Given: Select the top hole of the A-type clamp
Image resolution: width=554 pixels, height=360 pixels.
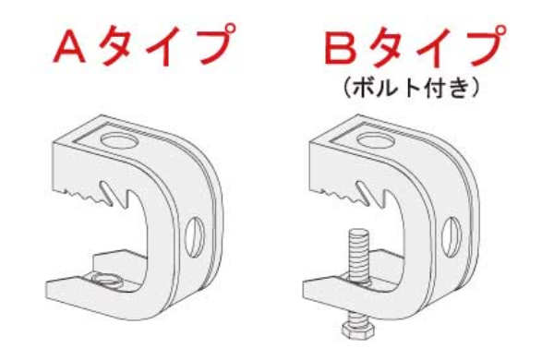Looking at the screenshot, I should [x=120, y=141].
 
